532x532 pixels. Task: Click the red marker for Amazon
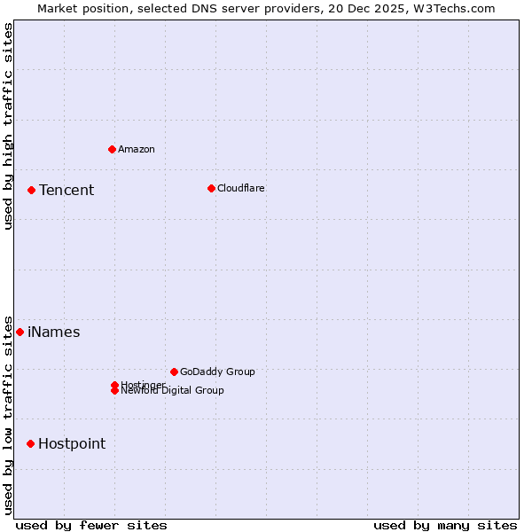click(x=112, y=149)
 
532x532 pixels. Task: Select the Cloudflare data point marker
click(x=211, y=188)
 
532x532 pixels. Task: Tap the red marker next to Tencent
click(x=31, y=190)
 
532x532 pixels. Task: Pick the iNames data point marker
click(x=20, y=332)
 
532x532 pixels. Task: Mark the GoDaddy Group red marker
click(x=174, y=372)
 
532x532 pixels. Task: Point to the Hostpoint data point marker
click(x=30, y=443)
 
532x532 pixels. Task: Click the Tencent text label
click(x=66, y=190)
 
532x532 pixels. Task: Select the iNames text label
click(x=54, y=332)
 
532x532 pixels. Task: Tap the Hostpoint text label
click(x=72, y=444)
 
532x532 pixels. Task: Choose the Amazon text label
click(x=137, y=149)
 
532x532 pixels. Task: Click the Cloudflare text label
click(x=241, y=188)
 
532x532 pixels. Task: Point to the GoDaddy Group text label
click(x=217, y=372)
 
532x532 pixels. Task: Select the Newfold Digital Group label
click(x=173, y=391)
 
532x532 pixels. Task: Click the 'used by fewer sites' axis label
click(x=91, y=525)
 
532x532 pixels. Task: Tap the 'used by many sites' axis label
click(x=445, y=525)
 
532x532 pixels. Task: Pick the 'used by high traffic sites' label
click(x=8, y=126)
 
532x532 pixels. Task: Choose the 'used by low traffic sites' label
click(x=8, y=415)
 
